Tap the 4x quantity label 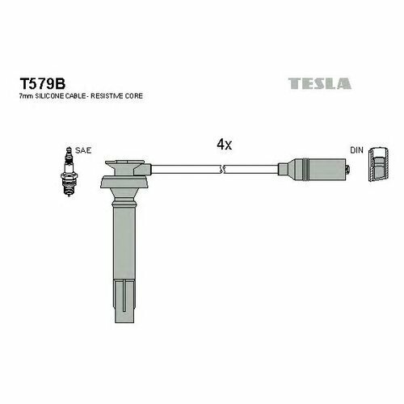coord(224,145)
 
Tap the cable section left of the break coord(186,170)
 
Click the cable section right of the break coord(250,170)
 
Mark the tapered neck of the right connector coord(282,170)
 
